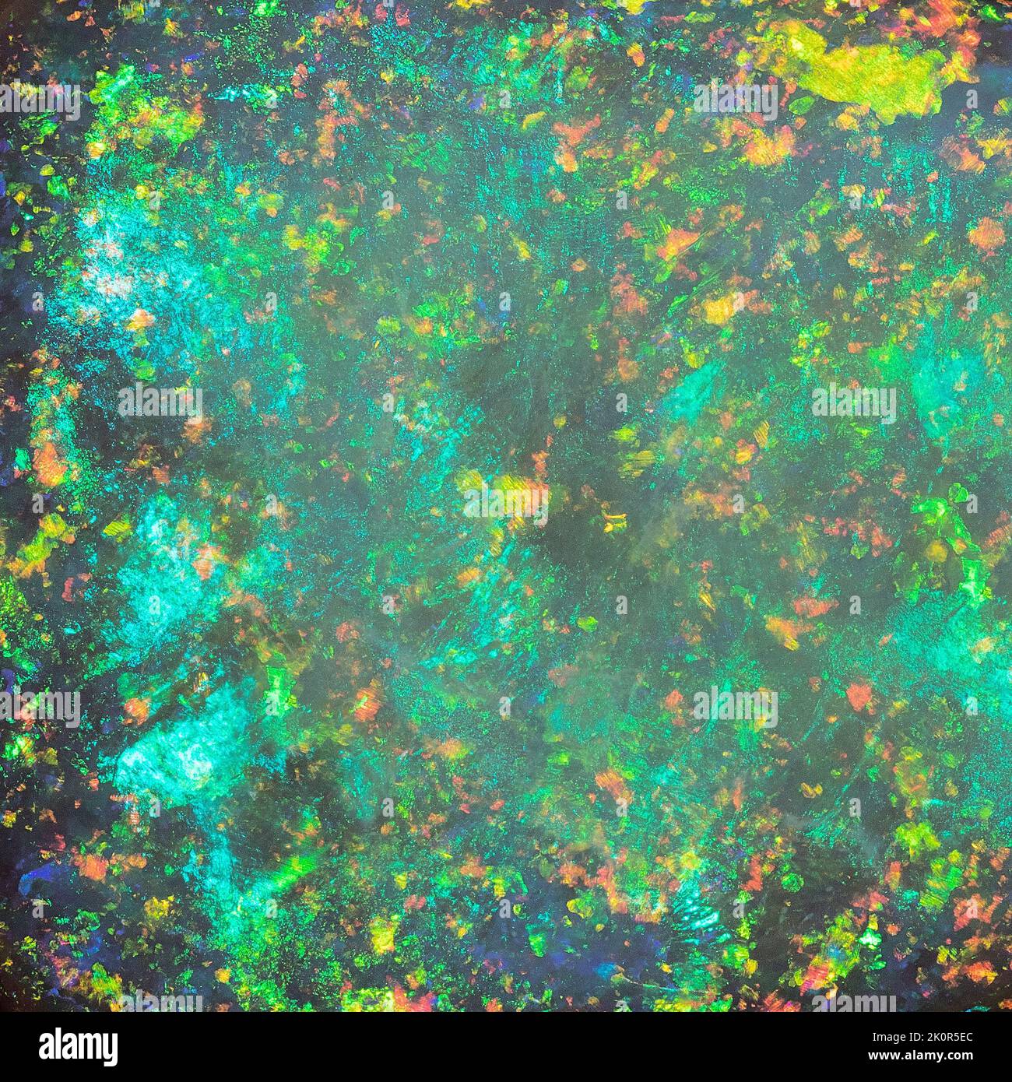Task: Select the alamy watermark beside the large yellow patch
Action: click(736, 102)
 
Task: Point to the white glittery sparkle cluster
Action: click(105, 257)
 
